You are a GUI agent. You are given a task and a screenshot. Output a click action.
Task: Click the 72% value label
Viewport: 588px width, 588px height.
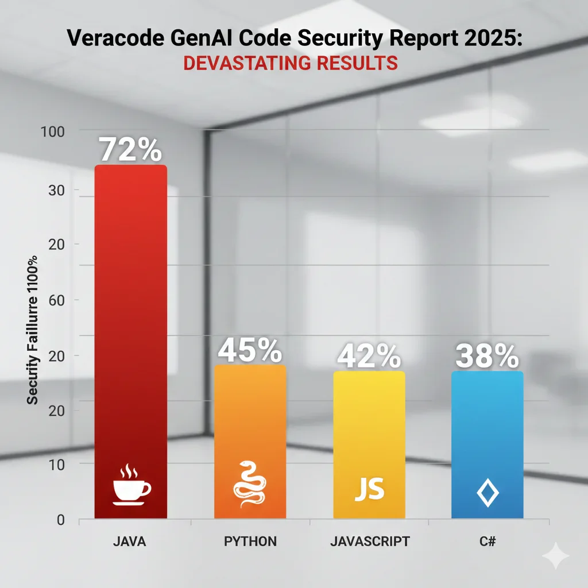[x=130, y=149]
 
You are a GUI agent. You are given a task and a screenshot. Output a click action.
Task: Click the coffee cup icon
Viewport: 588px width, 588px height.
[x=131, y=487]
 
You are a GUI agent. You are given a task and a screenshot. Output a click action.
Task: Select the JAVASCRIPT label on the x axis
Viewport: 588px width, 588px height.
[x=370, y=541]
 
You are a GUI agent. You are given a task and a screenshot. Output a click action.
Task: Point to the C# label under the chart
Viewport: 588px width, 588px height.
[x=488, y=541]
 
